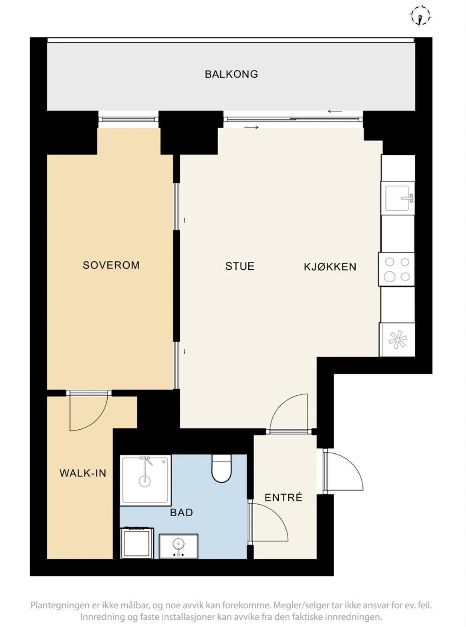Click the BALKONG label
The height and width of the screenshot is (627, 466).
point(231,74)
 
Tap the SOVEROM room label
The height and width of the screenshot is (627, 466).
point(111,265)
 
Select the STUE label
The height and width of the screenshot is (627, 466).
point(240,266)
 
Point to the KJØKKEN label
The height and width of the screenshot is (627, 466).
point(330,267)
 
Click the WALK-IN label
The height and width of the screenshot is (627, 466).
point(83,473)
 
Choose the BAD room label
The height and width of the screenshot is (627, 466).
point(181,512)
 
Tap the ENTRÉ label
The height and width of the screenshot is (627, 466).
point(283,497)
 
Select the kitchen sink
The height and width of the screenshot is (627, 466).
point(399,198)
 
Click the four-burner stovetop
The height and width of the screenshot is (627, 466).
point(397,269)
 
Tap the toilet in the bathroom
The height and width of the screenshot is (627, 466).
point(222,469)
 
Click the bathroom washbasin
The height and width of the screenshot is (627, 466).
point(178,546)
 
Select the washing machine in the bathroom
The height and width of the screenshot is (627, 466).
point(137,543)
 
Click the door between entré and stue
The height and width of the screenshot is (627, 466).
point(289,413)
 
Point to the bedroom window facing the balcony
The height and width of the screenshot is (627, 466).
point(128,119)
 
